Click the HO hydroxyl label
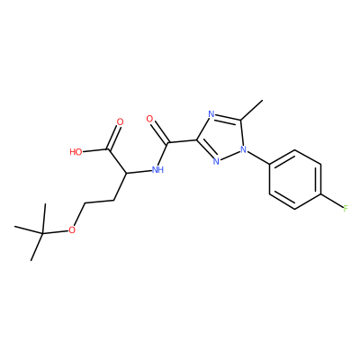point(76,152)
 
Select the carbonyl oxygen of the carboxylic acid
point(120,122)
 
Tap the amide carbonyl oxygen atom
point(150,119)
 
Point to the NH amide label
point(157,170)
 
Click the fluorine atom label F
point(346,208)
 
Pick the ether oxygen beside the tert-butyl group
point(71,230)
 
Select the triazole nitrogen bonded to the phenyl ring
point(244,149)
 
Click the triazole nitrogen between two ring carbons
point(211,114)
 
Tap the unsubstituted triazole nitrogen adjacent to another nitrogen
point(216,161)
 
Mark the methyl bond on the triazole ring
point(251,111)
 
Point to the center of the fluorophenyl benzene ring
point(295,179)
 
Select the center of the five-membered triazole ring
point(221,137)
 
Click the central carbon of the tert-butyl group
point(42,233)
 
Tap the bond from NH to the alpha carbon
point(139,172)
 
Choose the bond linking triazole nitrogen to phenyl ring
point(258,157)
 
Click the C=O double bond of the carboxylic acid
point(113,138)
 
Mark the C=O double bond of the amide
point(161,132)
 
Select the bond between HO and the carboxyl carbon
point(95,150)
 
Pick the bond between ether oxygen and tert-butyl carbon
point(55,231)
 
